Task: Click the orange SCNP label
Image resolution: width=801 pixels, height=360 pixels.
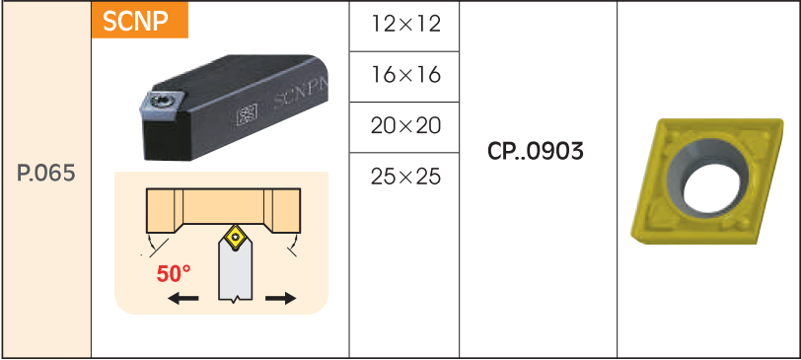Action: pos(139,20)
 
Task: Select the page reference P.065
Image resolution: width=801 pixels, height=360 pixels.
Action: pos(46,175)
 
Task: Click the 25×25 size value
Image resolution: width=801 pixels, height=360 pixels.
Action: pos(406,177)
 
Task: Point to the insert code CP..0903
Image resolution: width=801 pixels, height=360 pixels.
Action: pos(536,152)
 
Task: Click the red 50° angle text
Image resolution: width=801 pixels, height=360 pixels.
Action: pos(174,274)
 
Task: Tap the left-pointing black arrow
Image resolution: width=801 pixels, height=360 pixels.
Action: pos(183,298)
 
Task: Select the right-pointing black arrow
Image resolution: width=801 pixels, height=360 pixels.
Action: pos(280,298)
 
